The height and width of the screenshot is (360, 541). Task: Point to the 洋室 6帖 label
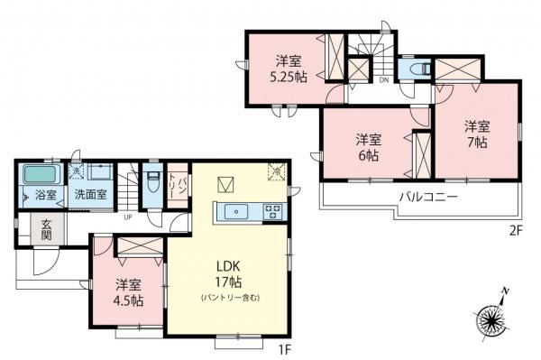(x=366, y=147)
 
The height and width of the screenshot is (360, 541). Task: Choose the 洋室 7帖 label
(x=477, y=134)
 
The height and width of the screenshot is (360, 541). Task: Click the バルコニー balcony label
(x=429, y=196)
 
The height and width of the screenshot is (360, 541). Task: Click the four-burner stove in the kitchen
(x=271, y=211)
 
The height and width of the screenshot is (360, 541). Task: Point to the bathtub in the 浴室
(x=39, y=173)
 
